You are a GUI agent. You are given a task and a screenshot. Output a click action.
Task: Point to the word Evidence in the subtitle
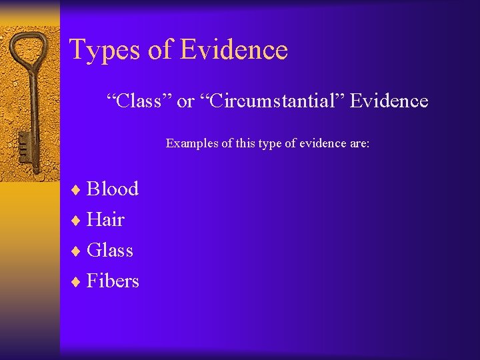(389, 101)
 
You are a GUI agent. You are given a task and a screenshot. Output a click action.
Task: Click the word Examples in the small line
(189, 143)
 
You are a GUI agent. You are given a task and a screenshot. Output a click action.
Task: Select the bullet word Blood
(113, 189)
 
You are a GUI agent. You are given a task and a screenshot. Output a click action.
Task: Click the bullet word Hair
(105, 219)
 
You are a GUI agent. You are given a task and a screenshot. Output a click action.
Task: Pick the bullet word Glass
(110, 251)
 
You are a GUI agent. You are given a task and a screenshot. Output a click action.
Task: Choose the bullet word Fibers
(113, 281)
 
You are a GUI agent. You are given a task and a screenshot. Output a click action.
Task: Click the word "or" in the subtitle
(185, 102)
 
